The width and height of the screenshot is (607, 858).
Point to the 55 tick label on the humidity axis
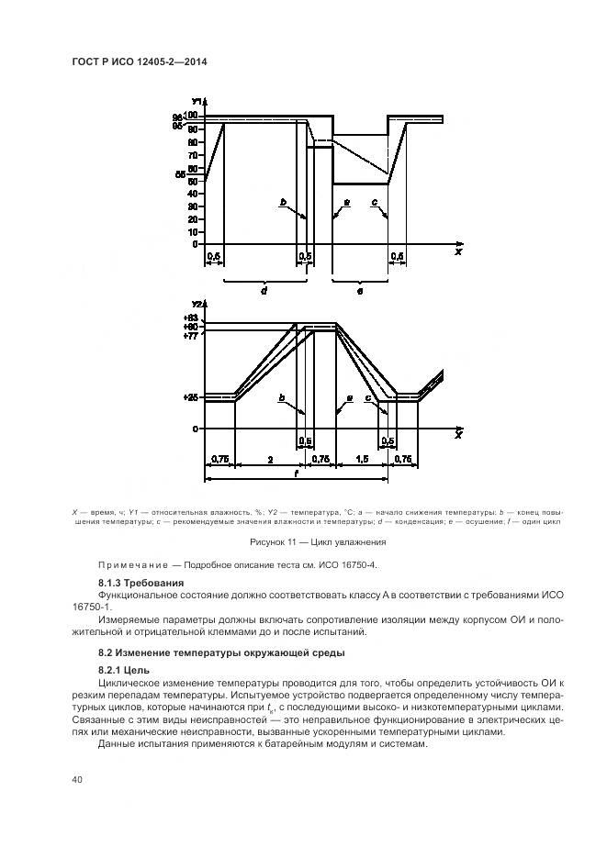[180, 173]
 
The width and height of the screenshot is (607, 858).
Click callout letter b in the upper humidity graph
[284, 201]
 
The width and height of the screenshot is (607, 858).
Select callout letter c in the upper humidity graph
[375, 201]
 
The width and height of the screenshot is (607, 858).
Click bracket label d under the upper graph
[263, 291]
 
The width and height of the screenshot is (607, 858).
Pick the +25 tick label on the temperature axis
[189, 397]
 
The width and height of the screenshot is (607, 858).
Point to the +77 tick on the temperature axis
[189, 336]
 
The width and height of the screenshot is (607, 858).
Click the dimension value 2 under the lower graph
[266, 458]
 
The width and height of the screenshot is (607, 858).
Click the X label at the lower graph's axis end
[457, 434]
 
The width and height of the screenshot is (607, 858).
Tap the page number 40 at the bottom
[77, 780]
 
